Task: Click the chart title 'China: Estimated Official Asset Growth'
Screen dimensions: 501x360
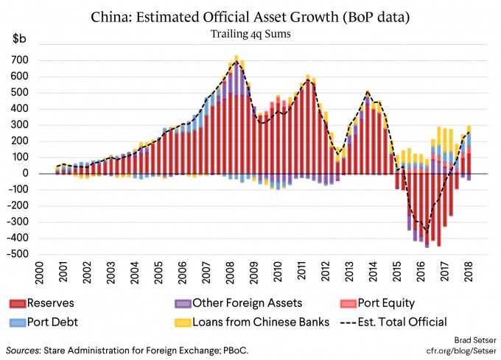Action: pos(214,17)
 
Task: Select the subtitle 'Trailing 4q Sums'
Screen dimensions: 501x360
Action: pos(251,34)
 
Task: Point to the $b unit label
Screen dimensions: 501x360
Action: pos(19,38)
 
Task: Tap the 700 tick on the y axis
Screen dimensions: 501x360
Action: pos(19,60)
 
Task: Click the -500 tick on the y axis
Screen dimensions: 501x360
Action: pos(17,254)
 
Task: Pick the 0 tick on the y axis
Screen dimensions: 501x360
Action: pos(25,173)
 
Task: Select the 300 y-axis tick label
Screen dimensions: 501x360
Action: pos(19,125)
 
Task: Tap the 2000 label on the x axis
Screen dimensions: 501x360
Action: pos(39,272)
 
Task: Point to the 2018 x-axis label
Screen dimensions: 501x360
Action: pos(469,271)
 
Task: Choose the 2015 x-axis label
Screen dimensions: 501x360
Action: pos(397,271)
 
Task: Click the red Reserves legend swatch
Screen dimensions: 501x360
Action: pos(17,303)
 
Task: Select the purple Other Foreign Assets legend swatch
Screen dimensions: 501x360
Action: pos(183,303)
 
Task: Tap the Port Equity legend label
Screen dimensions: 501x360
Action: pos(386,303)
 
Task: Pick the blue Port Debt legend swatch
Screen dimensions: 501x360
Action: pos(17,322)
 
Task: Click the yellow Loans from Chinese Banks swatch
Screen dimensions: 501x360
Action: pos(183,322)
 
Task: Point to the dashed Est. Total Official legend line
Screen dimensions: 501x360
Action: pos(348,322)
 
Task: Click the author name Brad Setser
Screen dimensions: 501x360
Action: pos(475,340)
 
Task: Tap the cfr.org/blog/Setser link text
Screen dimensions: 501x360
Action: pos(461,351)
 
